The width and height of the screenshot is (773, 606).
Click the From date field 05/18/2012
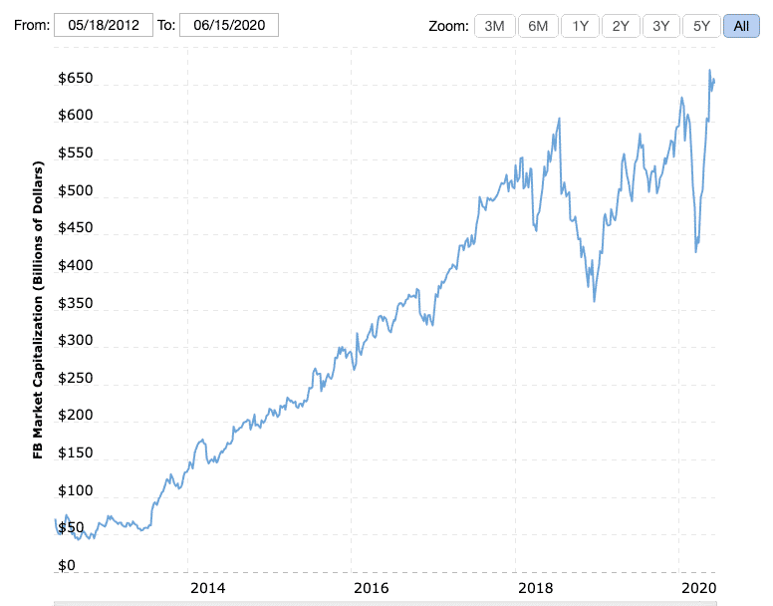[x=104, y=25]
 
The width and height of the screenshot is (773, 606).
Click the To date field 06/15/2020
[x=229, y=25]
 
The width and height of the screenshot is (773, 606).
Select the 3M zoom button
[x=494, y=26]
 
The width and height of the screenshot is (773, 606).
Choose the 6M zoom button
[x=538, y=26]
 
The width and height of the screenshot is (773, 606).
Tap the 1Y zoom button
[x=580, y=26]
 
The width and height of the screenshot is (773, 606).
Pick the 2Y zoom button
[x=621, y=26]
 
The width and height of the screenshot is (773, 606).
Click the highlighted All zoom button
[x=741, y=26]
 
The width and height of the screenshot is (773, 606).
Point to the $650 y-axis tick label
[x=76, y=79]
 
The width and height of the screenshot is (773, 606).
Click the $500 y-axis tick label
[x=76, y=191]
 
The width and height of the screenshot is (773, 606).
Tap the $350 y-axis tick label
[x=76, y=304]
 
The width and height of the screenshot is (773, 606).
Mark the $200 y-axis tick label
[x=76, y=416]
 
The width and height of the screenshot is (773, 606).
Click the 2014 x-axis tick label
[x=207, y=588]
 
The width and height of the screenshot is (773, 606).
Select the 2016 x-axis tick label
[x=371, y=588]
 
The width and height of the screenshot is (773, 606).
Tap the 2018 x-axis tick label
[x=535, y=588]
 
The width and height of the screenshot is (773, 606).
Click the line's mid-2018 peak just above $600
[x=559, y=119]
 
